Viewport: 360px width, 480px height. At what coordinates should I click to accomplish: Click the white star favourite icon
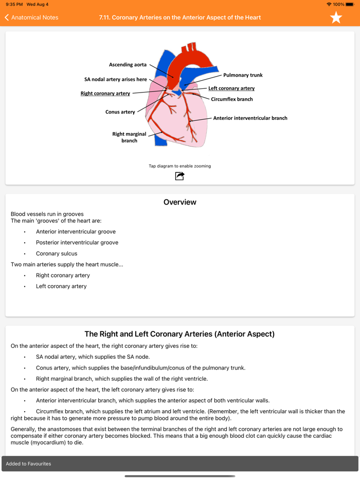tap(336, 17)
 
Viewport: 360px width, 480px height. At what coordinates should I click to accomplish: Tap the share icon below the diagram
tap(179, 176)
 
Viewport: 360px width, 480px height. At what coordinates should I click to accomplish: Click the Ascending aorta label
tap(128, 65)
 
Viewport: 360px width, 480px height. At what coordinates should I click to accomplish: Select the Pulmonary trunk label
tap(243, 75)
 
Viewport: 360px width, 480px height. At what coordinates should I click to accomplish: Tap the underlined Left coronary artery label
tap(231, 88)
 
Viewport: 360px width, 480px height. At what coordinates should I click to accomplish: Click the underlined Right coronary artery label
tap(105, 94)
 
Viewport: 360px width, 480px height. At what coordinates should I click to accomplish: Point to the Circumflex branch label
tap(232, 99)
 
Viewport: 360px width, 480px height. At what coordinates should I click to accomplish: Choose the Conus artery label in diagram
tap(120, 112)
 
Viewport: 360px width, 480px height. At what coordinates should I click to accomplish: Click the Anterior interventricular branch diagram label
tap(250, 118)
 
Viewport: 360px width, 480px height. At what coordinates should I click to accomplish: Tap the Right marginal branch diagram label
tap(129, 137)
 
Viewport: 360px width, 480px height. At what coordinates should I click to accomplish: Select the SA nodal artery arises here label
tap(116, 80)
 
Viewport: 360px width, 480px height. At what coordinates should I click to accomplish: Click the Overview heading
tap(180, 202)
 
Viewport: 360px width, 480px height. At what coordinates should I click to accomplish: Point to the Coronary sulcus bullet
tap(57, 253)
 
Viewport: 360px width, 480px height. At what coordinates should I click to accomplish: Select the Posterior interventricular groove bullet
tap(77, 243)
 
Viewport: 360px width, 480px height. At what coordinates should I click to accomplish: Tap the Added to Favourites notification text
tap(28, 464)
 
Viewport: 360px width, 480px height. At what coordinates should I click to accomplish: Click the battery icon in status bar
tap(352, 4)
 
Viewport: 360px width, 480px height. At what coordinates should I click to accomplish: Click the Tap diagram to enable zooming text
tap(180, 166)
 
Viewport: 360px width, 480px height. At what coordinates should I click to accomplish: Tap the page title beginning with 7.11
tap(180, 17)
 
